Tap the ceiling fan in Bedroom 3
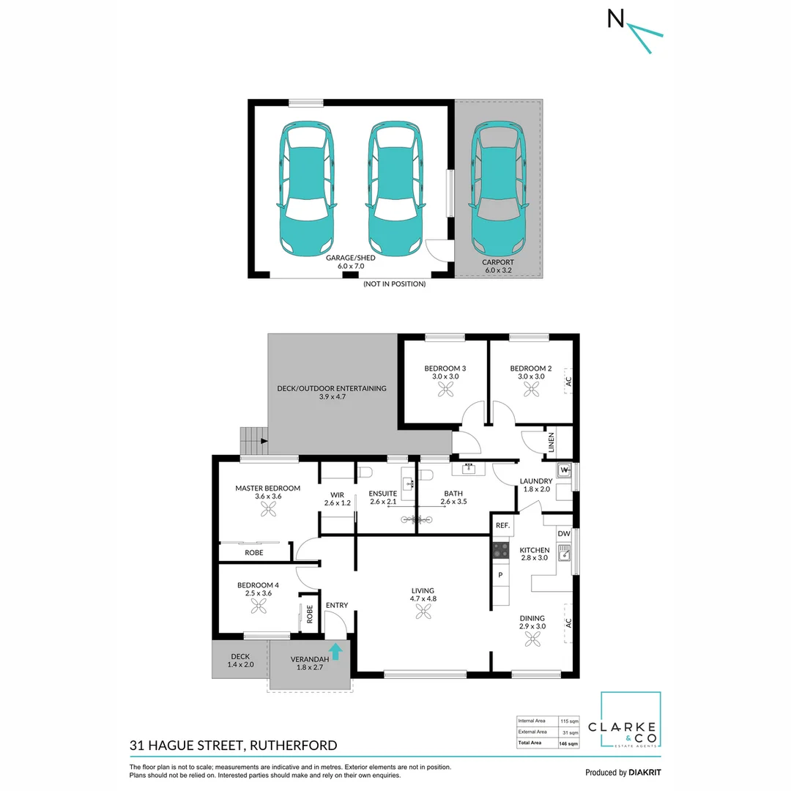[445, 391]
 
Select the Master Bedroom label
[267, 488]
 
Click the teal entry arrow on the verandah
[336, 651]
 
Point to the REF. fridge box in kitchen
[502, 525]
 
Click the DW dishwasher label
[563, 534]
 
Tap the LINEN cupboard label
[552, 443]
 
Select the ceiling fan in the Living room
[423, 614]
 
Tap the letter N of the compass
[616, 19]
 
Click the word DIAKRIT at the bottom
[645, 772]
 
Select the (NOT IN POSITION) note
[394, 283]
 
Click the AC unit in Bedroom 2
[568, 381]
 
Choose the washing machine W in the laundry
[564, 469]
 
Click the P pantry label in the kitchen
[501, 575]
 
